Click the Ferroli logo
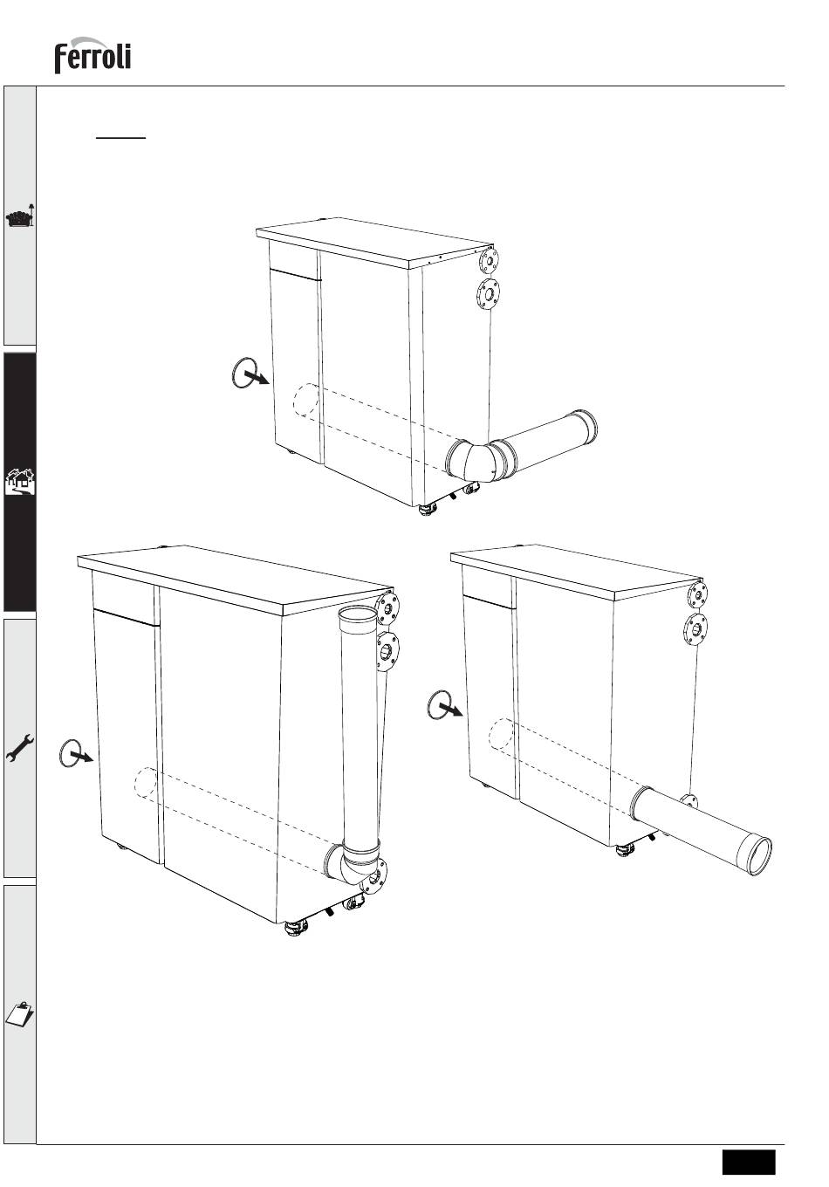[x=92, y=55]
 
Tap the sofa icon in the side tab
[x=20, y=216]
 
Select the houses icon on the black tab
[x=20, y=481]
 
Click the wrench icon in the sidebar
[x=20, y=748]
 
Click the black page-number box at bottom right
[x=749, y=1162]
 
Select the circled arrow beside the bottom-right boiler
[x=444, y=705]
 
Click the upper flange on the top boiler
[x=489, y=261]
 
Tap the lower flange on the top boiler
[x=489, y=292]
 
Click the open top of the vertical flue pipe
[x=358, y=614]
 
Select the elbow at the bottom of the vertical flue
[x=353, y=863]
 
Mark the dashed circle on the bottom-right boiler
[x=501, y=733]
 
